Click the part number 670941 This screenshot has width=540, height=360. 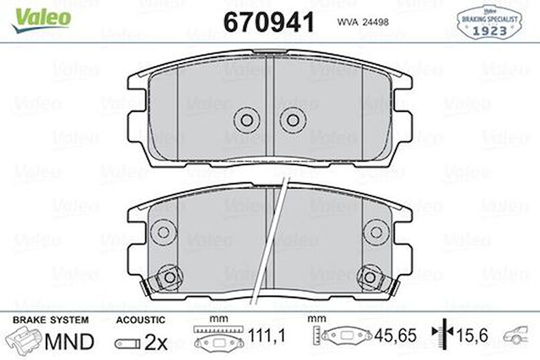pyautogui.click(x=269, y=22)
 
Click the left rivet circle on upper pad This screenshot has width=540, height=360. pyautogui.click(x=247, y=120)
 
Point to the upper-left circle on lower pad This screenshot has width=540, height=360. pyautogui.click(x=163, y=232)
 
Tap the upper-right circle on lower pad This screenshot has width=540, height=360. pyautogui.click(x=376, y=232)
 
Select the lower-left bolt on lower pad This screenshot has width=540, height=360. pyautogui.click(x=169, y=277)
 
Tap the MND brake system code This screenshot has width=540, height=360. pyautogui.click(x=69, y=341)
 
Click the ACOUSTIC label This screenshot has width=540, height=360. pyautogui.click(x=140, y=320)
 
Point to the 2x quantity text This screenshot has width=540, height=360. pyautogui.click(x=156, y=342)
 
